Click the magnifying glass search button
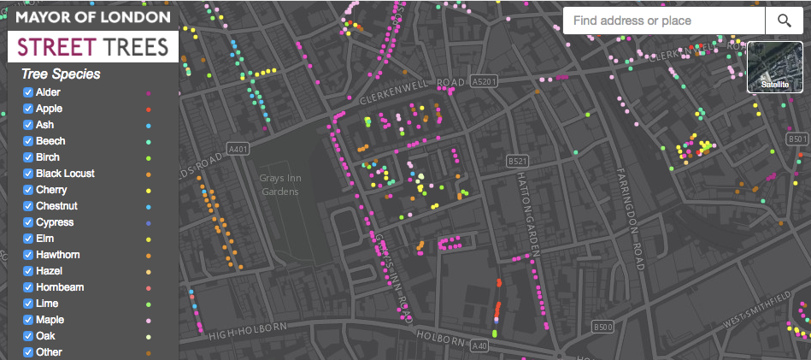coord(784,21)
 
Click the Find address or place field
coord(663,21)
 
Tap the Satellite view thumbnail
coord(775,67)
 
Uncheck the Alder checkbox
coord(28,92)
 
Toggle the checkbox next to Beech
coord(28,141)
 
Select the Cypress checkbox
coord(28,222)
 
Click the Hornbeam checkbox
coord(28,287)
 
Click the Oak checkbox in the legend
coord(28,336)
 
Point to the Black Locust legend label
coord(65,174)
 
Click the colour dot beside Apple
coord(149,109)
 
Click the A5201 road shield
coord(484,81)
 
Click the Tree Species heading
coord(61,74)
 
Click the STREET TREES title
coord(92,46)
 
